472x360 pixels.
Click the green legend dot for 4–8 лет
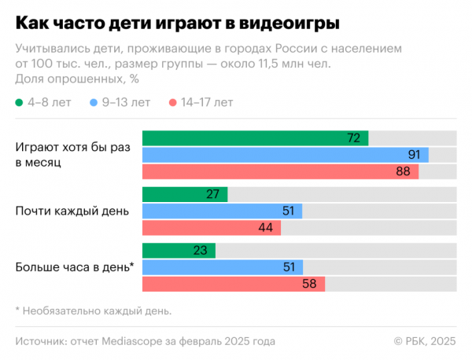click(x=20, y=102)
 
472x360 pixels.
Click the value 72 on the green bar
click(x=353, y=138)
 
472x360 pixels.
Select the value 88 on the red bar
click(x=404, y=171)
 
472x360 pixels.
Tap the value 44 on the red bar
click(x=265, y=228)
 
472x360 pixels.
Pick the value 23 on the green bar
click(x=200, y=251)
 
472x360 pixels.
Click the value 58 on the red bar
click(x=309, y=284)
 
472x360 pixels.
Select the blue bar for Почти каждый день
click(x=222, y=211)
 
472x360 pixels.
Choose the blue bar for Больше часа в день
click(x=222, y=267)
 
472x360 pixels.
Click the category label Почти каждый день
click(x=68, y=211)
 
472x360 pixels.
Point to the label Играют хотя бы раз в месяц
click(x=67, y=155)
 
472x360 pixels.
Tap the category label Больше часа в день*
click(x=75, y=267)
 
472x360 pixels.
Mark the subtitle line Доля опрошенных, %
click(x=77, y=78)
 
